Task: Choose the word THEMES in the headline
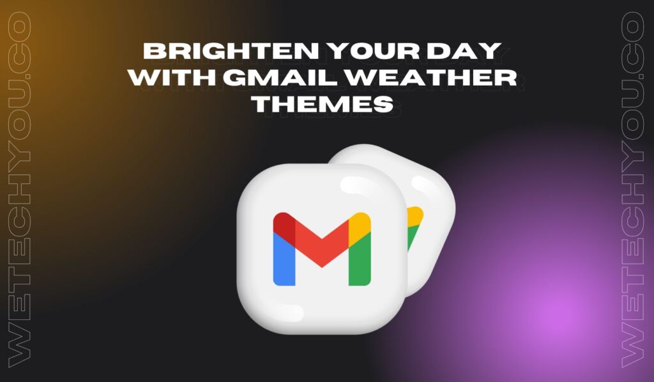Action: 321,105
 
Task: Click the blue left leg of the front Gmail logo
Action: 283,258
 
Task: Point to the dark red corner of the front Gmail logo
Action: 283,224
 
